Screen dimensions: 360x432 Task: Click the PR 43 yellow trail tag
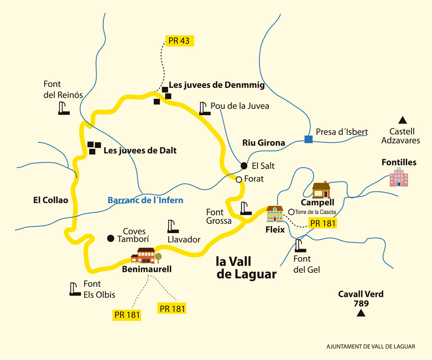(x=179, y=40)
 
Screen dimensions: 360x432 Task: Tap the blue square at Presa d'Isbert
(x=308, y=139)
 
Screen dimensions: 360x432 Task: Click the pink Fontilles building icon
(x=399, y=176)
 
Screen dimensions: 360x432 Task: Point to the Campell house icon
(x=321, y=190)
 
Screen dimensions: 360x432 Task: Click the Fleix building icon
(x=275, y=214)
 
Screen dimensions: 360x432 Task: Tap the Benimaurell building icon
(x=145, y=256)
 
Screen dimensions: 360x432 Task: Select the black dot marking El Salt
(x=243, y=165)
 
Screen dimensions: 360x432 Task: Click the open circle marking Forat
(x=239, y=179)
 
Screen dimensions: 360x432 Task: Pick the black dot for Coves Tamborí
(x=110, y=238)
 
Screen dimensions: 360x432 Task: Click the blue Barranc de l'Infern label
(x=145, y=200)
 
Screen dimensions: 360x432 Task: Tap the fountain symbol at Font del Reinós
(x=64, y=108)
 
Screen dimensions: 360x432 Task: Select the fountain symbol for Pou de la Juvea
(x=205, y=108)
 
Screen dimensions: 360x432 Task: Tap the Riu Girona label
(x=264, y=143)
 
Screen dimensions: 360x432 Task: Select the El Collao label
(x=50, y=200)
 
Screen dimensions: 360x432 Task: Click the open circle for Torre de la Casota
(x=291, y=211)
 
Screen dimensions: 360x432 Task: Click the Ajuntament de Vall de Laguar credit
(x=370, y=346)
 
